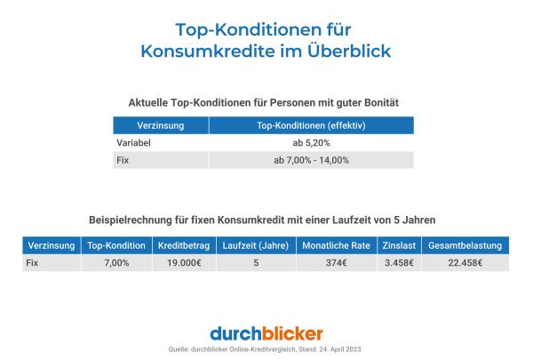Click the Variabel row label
(133, 143)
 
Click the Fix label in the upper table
(123, 160)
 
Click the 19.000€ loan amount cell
(180, 262)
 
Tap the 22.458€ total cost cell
(465, 262)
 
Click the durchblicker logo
(266, 332)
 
